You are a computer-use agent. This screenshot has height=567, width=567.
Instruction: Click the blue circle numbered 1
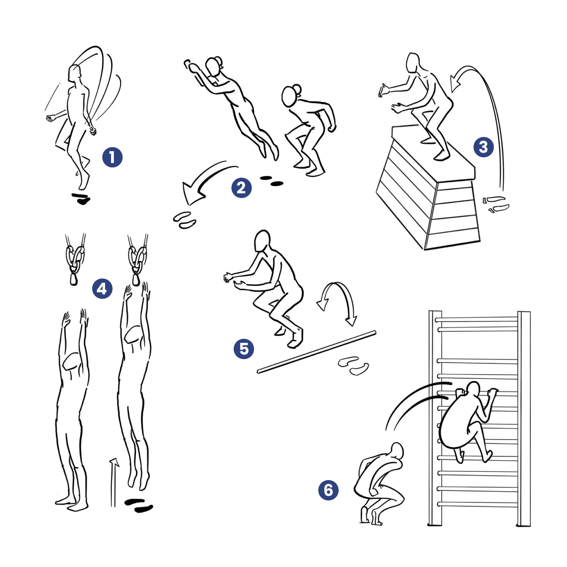(x=112, y=157)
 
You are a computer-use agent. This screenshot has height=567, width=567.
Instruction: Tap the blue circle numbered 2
(x=242, y=187)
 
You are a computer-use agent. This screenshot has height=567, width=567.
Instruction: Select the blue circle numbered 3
(x=484, y=147)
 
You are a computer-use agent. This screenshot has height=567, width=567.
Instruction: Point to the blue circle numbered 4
(x=102, y=289)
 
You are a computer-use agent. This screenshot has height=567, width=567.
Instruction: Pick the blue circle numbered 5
(x=244, y=349)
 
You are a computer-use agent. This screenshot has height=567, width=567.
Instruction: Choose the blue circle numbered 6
(x=328, y=490)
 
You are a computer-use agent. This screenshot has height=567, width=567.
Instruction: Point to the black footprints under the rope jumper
(x=81, y=198)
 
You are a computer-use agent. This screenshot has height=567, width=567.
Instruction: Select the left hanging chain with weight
(x=74, y=260)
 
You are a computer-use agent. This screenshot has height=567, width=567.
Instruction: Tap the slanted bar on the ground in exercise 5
(x=317, y=352)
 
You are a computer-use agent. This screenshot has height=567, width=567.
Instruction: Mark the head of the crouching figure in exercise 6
(x=397, y=451)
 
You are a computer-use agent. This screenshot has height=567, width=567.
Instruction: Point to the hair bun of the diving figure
(x=218, y=62)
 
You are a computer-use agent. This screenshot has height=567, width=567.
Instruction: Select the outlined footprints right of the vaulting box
(x=496, y=204)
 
